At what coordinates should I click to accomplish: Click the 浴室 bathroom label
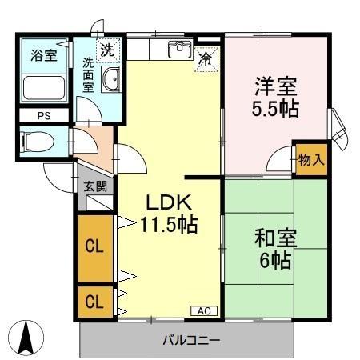tap(43, 55)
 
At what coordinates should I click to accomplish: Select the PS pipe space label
tap(42, 116)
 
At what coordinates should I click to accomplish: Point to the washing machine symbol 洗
tap(107, 50)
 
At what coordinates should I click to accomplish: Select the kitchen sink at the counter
tap(177, 50)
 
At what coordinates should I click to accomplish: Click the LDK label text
tap(168, 202)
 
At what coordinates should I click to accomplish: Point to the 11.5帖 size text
tap(169, 225)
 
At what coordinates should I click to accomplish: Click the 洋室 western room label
tap(277, 83)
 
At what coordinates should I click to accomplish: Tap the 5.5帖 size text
tap(277, 109)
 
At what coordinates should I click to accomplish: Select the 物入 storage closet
tap(310, 158)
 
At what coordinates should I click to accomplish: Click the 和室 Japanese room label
tap(276, 238)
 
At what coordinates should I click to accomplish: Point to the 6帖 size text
tap(276, 261)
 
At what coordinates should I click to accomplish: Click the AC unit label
tap(202, 310)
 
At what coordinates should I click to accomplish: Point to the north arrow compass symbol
tap(27, 335)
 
